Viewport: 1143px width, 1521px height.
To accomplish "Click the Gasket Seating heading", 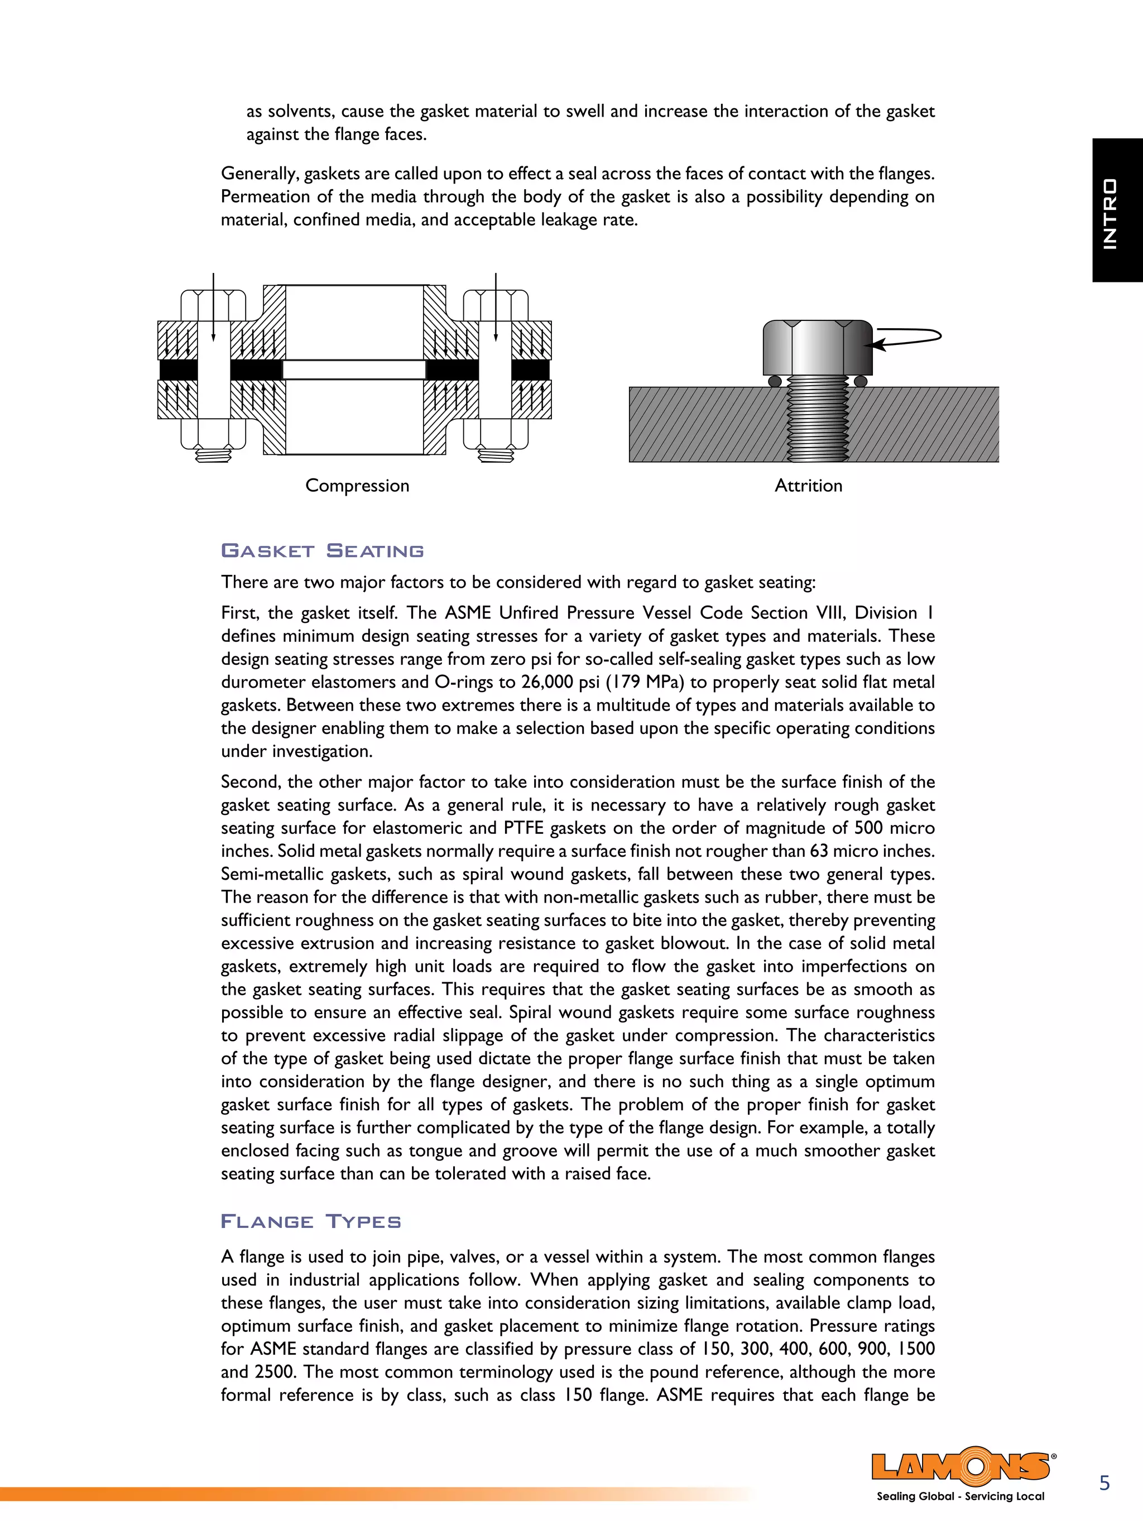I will (322, 551).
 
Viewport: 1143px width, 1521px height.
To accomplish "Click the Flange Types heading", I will (310, 1222).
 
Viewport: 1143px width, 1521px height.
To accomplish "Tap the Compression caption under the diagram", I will (357, 486).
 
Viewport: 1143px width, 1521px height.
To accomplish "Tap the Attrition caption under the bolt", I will (808, 486).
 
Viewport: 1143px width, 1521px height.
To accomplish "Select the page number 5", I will (1104, 1482).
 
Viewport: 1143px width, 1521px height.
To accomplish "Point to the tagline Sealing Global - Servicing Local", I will (960, 1496).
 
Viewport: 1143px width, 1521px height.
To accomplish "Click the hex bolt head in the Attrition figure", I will (817, 347).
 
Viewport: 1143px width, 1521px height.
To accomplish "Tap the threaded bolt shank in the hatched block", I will (817, 419).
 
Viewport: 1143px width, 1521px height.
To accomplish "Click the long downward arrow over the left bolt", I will (213, 306).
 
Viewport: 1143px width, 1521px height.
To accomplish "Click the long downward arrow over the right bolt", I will (496, 306).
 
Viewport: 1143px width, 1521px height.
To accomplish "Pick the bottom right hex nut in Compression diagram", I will (496, 434).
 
